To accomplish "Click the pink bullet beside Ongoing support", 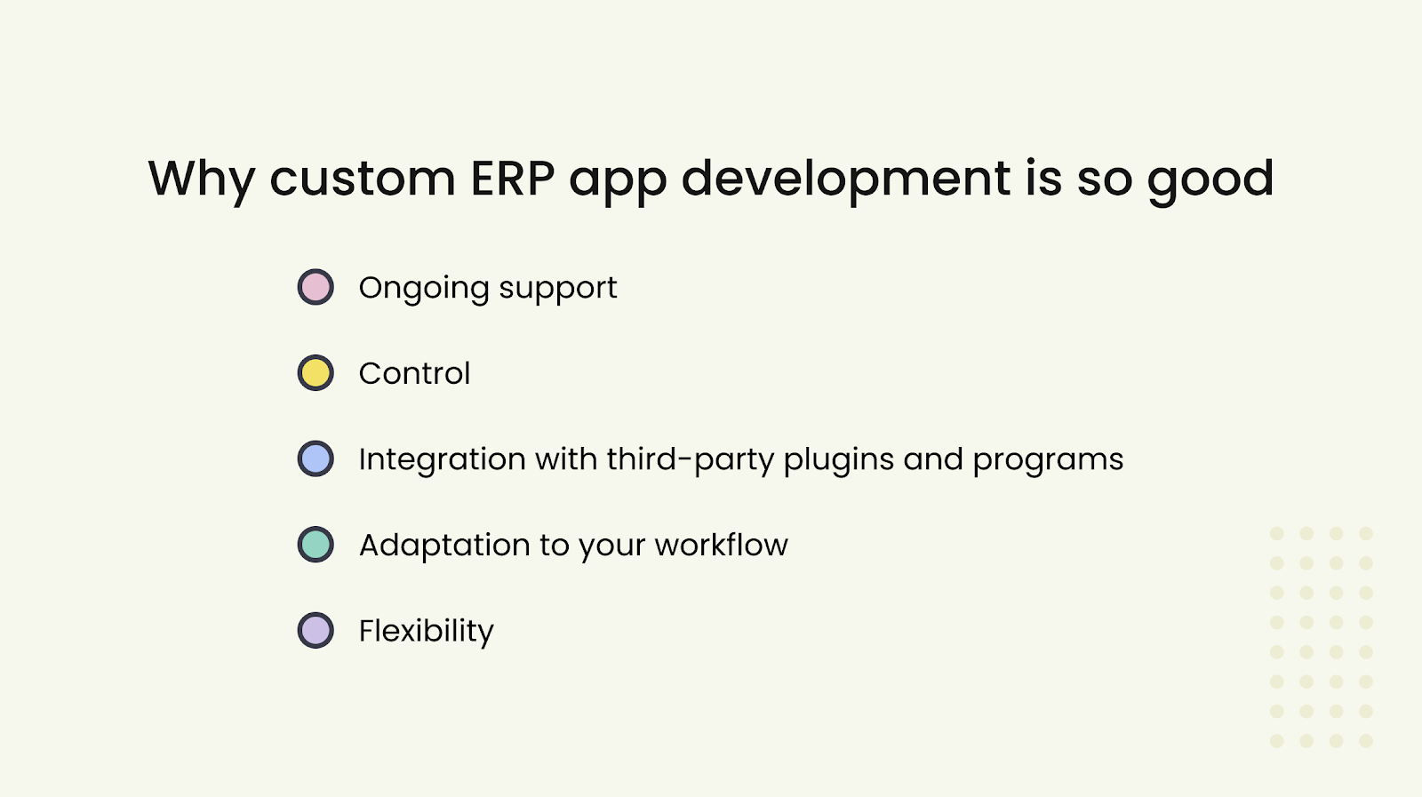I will click(x=316, y=287).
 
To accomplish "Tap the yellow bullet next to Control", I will click(x=316, y=373).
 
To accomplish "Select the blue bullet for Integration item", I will click(x=316, y=459).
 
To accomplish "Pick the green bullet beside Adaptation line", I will click(x=316, y=545).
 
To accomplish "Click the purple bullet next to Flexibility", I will click(x=316, y=631).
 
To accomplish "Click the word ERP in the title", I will click(x=513, y=179).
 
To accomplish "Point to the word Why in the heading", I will click(x=202, y=179).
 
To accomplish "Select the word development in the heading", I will click(x=846, y=179).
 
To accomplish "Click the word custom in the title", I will click(x=363, y=179).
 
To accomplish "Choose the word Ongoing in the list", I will click(x=424, y=288).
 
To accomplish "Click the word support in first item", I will click(x=558, y=288).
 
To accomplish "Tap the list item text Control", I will click(x=414, y=373).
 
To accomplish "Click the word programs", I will click(x=1048, y=459).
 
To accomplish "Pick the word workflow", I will click(x=721, y=545).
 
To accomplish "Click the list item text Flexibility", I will click(x=426, y=631).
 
